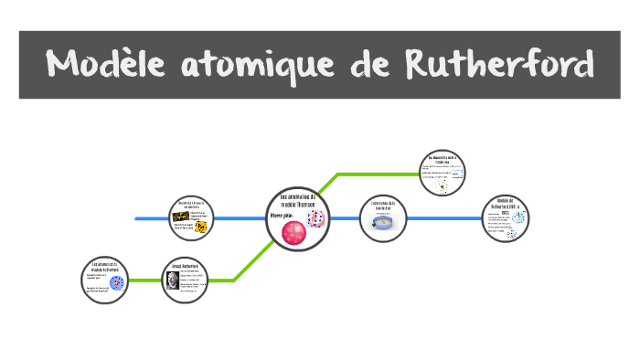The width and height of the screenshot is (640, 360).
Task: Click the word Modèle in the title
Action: click(x=107, y=65)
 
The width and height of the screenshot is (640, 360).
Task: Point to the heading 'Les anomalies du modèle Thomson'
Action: click(x=296, y=201)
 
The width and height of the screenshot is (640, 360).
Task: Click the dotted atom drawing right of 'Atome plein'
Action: click(x=316, y=218)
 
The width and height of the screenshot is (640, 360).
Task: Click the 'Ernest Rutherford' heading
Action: click(x=186, y=268)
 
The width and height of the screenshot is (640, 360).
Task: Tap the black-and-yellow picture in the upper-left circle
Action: click(x=182, y=216)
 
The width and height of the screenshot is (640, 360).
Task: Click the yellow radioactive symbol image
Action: click(x=200, y=227)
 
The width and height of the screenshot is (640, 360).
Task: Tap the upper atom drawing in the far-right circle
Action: click(x=518, y=217)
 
